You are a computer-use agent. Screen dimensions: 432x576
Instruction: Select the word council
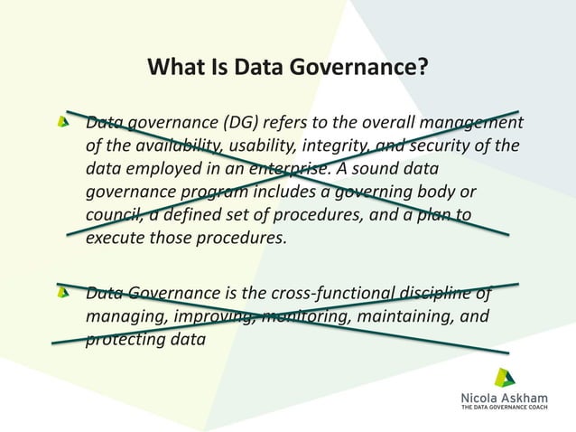coord(114,217)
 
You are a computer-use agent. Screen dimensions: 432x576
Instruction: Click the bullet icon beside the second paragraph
coord(62,292)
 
